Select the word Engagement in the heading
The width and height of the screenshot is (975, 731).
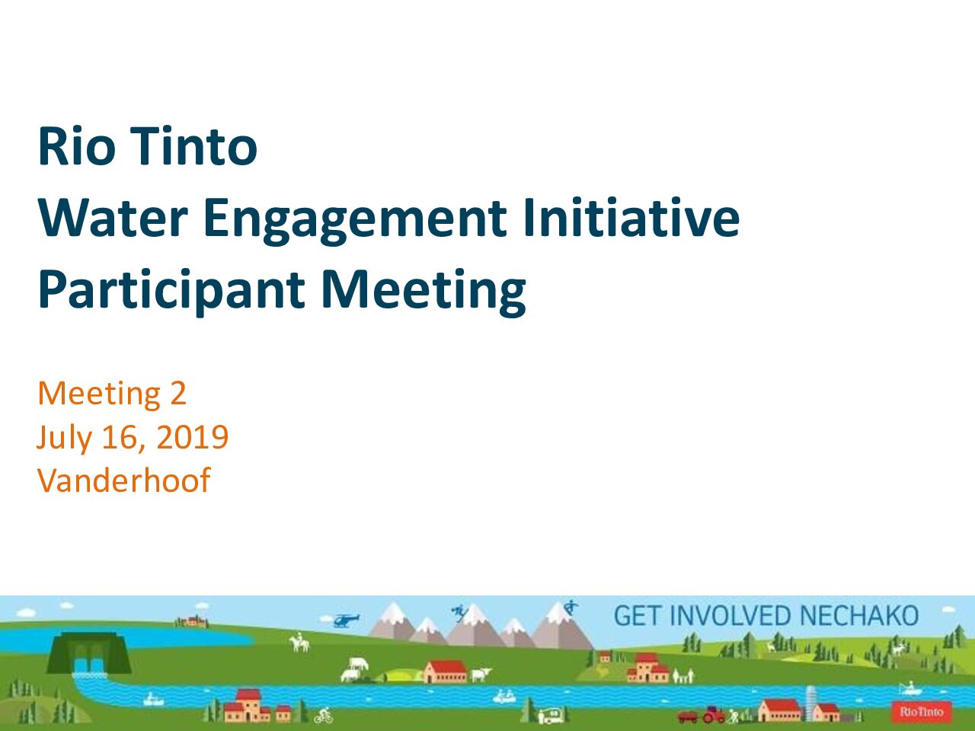[x=355, y=221]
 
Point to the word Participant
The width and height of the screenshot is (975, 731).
[x=171, y=291]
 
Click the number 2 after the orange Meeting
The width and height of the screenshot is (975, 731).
[x=177, y=393]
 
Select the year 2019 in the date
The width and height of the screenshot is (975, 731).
[x=193, y=437]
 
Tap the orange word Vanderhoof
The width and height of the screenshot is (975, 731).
[x=124, y=480]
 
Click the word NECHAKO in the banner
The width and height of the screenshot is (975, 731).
[x=858, y=615]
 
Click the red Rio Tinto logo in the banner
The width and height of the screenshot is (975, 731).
[x=921, y=712]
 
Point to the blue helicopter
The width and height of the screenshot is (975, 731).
[x=346, y=620]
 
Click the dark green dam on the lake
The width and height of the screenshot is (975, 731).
[x=89, y=654]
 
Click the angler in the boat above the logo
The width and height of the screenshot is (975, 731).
[x=910, y=688]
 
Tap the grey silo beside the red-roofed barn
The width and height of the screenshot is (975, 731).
[x=811, y=703]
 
